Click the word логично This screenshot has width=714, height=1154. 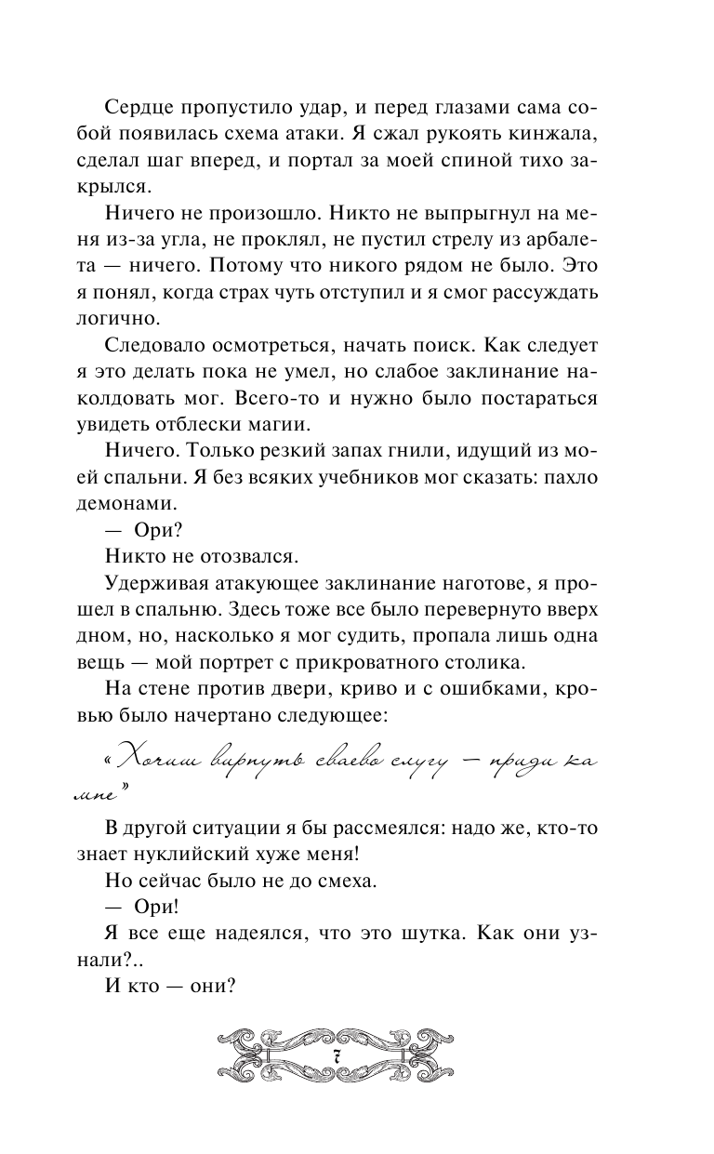[x=134, y=318]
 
